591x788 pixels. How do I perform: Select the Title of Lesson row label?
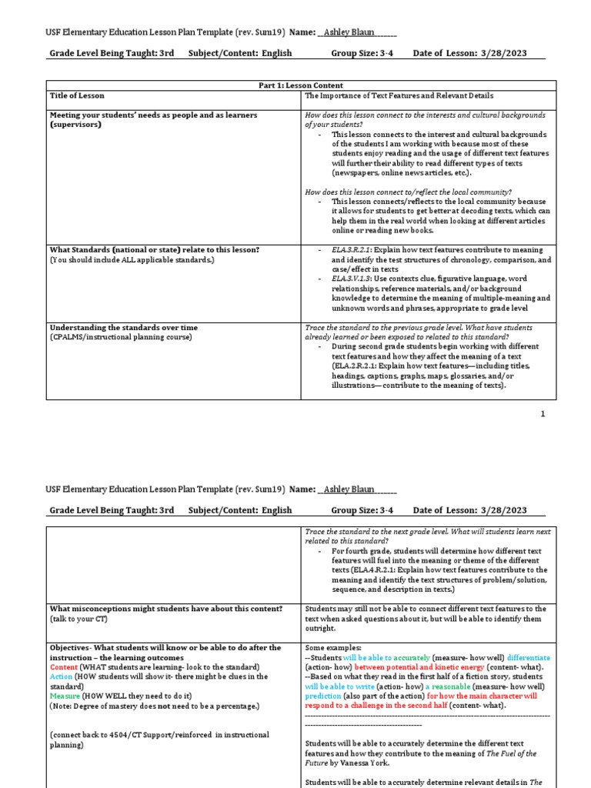pos(78,96)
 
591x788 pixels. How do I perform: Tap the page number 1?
pos(543,414)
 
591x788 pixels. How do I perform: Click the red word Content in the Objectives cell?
pos(65,666)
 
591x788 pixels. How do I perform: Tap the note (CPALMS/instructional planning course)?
pos(121,337)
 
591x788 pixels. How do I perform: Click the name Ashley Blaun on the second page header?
pos(351,489)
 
